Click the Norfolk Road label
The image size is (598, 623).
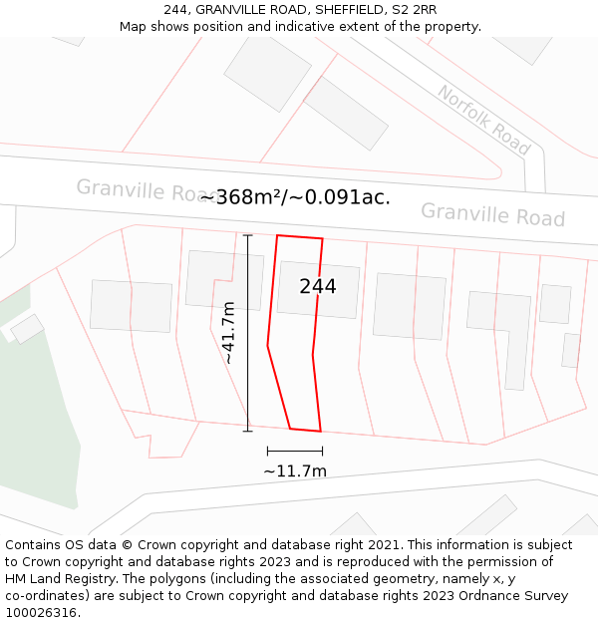[x=483, y=120]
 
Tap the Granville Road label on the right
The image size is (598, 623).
[x=492, y=214]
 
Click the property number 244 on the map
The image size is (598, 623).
[x=318, y=286]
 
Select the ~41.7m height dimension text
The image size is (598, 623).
[x=228, y=332]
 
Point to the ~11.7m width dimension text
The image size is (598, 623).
[x=295, y=470]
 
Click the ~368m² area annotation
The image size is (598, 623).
[x=242, y=197]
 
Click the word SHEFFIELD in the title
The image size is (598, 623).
[x=331, y=10]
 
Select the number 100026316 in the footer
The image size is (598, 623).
[x=41, y=613]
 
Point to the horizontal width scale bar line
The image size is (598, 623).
[x=295, y=452]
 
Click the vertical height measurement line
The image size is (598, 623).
[x=248, y=333]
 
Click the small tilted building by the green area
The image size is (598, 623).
[x=27, y=328]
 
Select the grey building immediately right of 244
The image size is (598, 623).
[x=409, y=306]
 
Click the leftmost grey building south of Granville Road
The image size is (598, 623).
[x=131, y=306]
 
